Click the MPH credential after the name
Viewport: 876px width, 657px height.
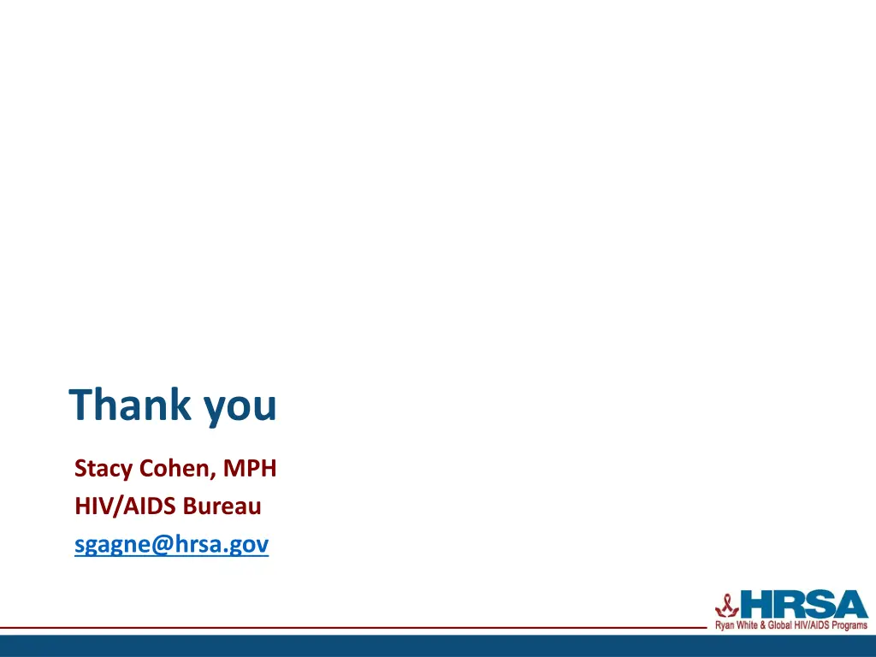[x=250, y=469]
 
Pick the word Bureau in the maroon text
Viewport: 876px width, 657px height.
[x=222, y=506]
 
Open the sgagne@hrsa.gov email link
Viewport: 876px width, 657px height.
[x=171, y=545]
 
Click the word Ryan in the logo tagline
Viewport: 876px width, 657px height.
[x=724, y=626]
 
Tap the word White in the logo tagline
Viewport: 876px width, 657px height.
[x=745, y=626]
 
